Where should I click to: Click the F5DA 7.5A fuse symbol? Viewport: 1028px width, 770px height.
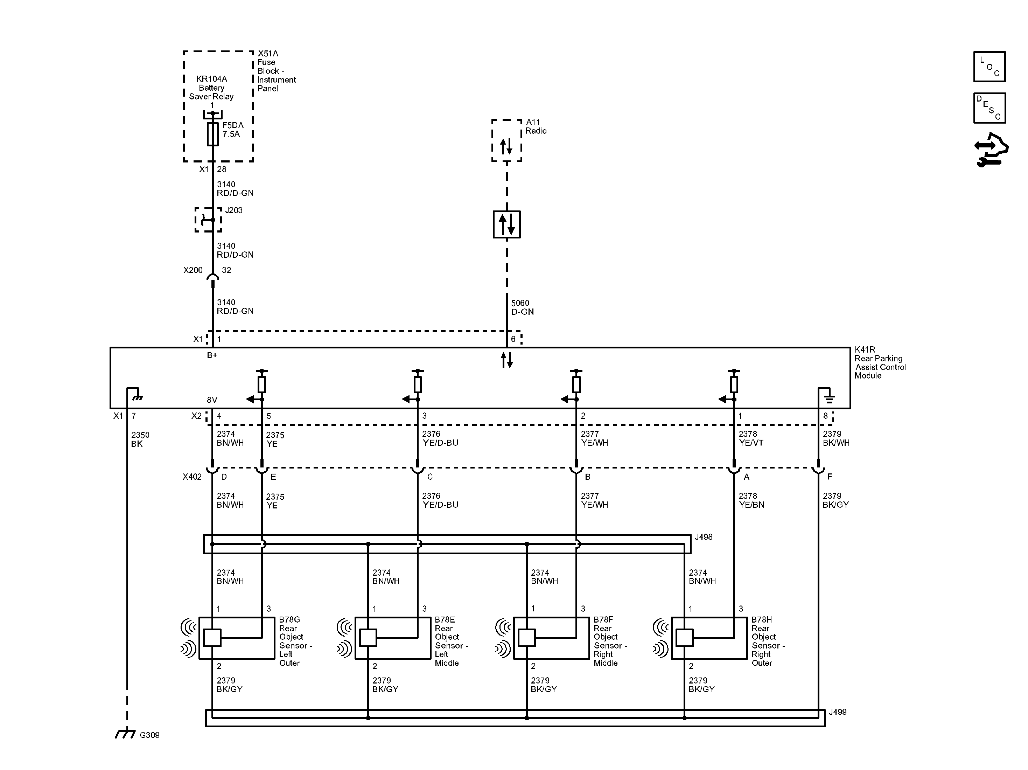(x=212, y=134)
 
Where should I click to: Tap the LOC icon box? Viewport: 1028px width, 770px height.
(x=989, y=67)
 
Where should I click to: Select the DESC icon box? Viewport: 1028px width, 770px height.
(x=989, y=108)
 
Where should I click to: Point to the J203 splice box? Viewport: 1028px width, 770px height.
(x=208, y=220)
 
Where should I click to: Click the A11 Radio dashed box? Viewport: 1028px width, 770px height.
(x=506, y=140)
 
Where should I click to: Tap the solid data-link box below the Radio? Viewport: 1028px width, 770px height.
(x=506, y=224)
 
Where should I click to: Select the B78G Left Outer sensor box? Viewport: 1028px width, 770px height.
(x=237, y=638)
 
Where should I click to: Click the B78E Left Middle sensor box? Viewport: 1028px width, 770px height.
(x=393, y=638)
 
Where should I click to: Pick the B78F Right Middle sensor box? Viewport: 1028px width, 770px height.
(x=551, y=638)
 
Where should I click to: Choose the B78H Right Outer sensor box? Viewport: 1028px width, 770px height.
(x=709, y=638)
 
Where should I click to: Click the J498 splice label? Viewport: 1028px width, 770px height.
(x=704, y=537)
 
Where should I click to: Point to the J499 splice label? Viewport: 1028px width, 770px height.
(x=838, y=712)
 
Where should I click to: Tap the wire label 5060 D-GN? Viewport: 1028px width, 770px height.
(x=522, y=307)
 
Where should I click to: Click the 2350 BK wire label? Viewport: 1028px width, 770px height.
(x=140, y=439)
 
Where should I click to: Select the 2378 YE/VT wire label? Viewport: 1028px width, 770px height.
(x=751, y=438)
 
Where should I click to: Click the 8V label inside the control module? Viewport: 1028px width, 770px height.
(x=212, y=400)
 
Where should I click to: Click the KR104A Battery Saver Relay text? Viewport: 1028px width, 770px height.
(x=211, y=88)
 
